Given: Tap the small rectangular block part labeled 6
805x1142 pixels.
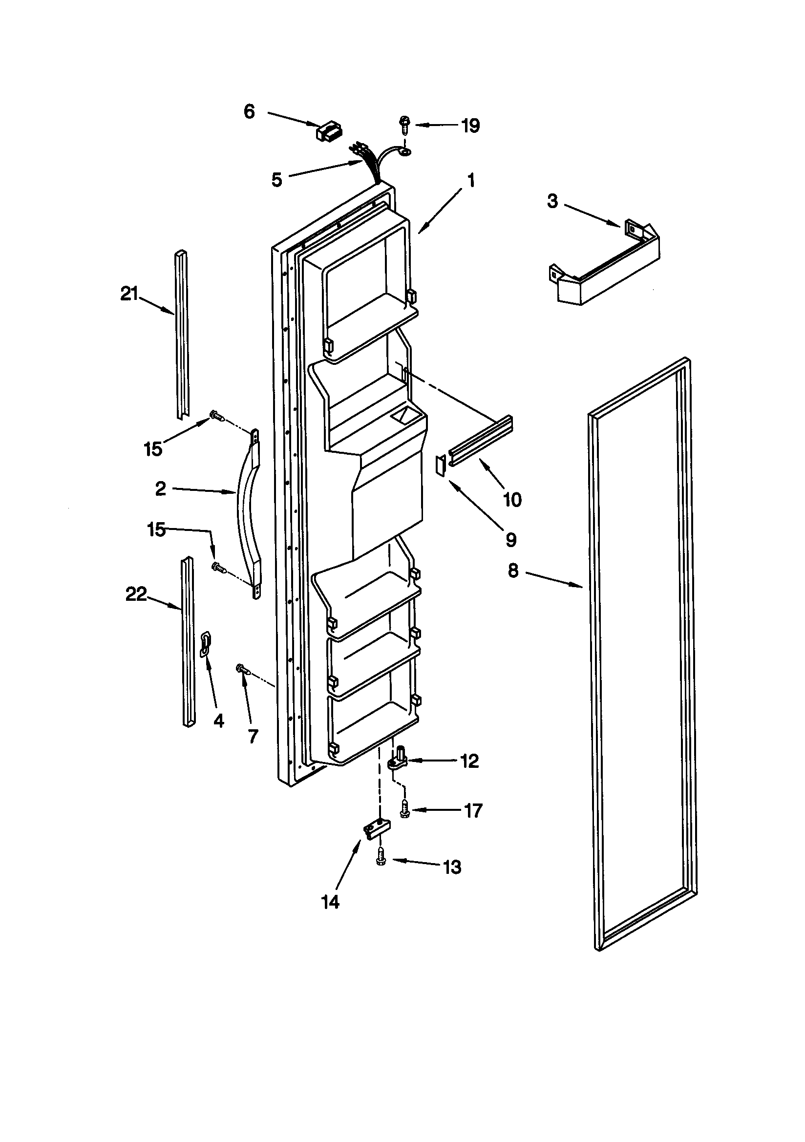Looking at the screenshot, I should pyautogui.click(x=327, y=132).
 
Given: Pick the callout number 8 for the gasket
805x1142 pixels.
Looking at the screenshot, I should pyautogui.click(x=513, y=571).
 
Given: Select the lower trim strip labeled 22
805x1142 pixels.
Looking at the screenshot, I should pyautogui.click(x=188, y=642).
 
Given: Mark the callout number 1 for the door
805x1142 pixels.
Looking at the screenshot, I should pyautogui.click(x=471, y=181).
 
